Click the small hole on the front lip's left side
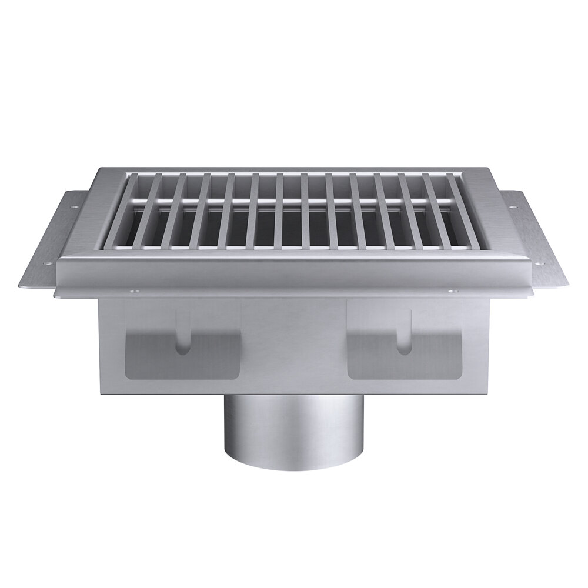click(133, 291)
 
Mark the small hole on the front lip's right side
click(453, 291)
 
